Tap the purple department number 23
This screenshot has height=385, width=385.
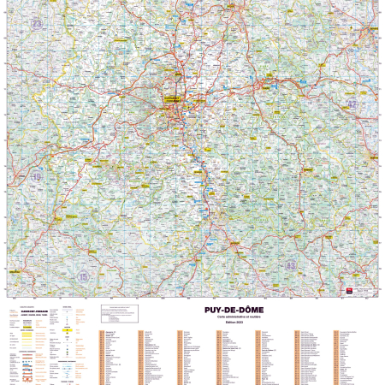36,25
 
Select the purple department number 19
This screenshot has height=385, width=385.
36,177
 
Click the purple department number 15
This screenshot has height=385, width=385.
83,277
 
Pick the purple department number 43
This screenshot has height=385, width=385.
291,266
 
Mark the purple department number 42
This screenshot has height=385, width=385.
352,104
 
